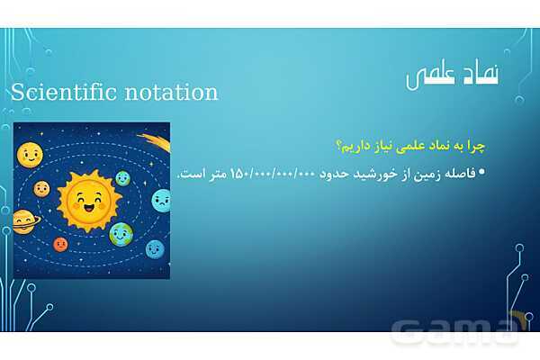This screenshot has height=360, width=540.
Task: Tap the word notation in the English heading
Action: point(170,92)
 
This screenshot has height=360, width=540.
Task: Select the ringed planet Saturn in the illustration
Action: point(24,220)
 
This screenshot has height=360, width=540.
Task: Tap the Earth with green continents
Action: point(120,234)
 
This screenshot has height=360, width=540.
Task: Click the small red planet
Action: point(60,244)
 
